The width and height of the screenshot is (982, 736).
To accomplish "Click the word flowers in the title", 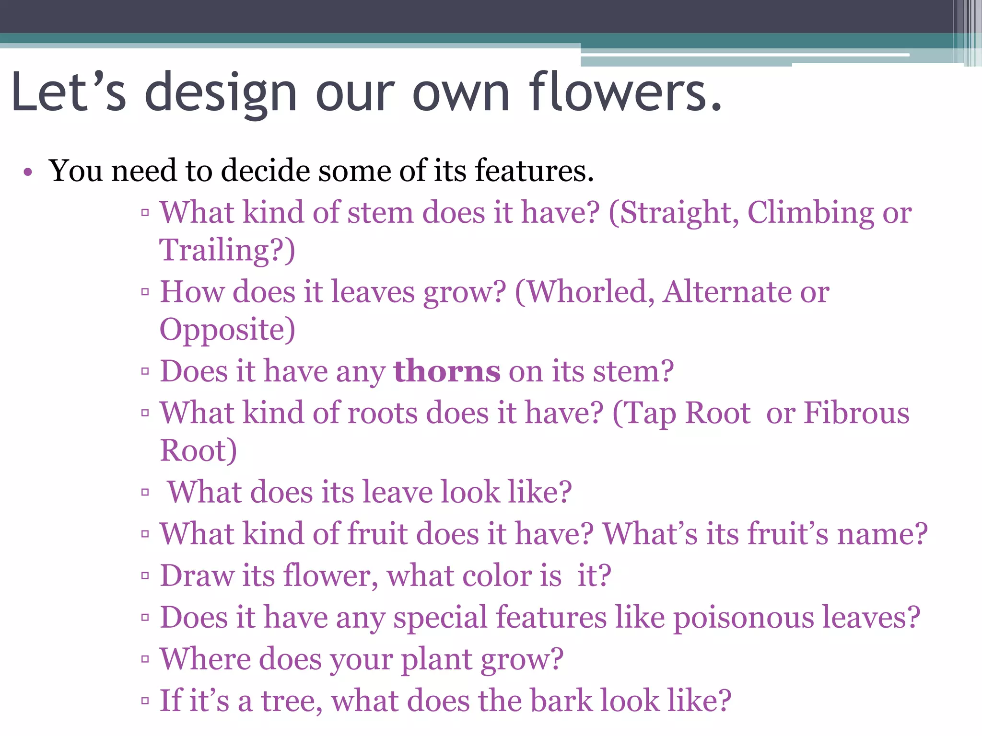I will pyautogui.click(x=626, y=92).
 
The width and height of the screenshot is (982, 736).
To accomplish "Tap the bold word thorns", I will pyautogui.click(x=447, y=371).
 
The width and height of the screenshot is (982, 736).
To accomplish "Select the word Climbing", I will pyautogui.click(x=810, y=213).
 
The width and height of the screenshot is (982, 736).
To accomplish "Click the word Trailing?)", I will pyautogui.click(x=227, y=251).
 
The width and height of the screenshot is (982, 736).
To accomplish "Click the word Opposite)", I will pyautogui.click(x=227, y=330).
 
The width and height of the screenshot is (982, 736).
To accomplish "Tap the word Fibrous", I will pyautogui.click(x=856, y=413).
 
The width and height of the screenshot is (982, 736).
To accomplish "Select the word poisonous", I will pyautogui.click(x=744, y=617).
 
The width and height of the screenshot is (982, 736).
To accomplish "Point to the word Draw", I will pyautogui.click(x=197, y=575).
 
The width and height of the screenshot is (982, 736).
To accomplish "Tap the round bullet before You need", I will pyautogui.click(x=28, y=172).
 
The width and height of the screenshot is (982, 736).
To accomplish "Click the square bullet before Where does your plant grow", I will pyautogui.click(x=145, y=659).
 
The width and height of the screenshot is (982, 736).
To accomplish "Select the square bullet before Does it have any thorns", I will pyautogui.click(x=145, y=371).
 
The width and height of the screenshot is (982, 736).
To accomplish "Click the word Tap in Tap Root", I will pyautogui.click(x=650, y=413).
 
